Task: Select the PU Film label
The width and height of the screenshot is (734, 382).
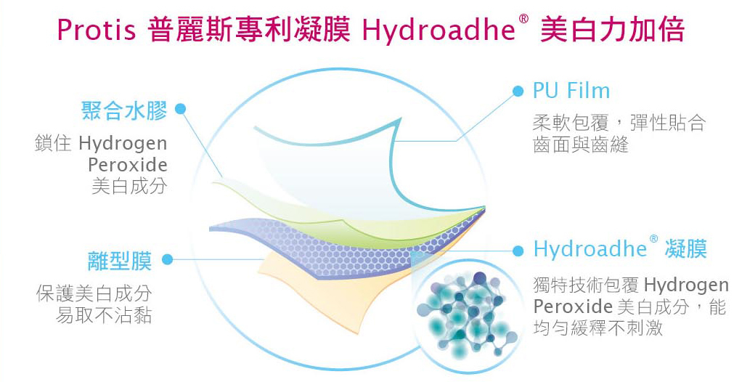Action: (571, 91)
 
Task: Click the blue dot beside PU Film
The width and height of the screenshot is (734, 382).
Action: (518, 91)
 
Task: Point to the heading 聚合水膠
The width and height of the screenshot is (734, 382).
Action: (124, 110)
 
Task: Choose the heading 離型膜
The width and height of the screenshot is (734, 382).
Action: (119, 260)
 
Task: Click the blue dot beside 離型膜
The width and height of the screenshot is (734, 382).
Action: (167, 259)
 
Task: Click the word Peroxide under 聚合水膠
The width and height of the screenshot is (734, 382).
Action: (128, 164)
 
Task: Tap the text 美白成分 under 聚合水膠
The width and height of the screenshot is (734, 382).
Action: (129, 186)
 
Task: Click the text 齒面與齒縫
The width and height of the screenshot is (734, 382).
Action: (580, 145)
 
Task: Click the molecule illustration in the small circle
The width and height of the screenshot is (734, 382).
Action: (465, 309)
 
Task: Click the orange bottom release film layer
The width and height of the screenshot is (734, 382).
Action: (305, 280)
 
